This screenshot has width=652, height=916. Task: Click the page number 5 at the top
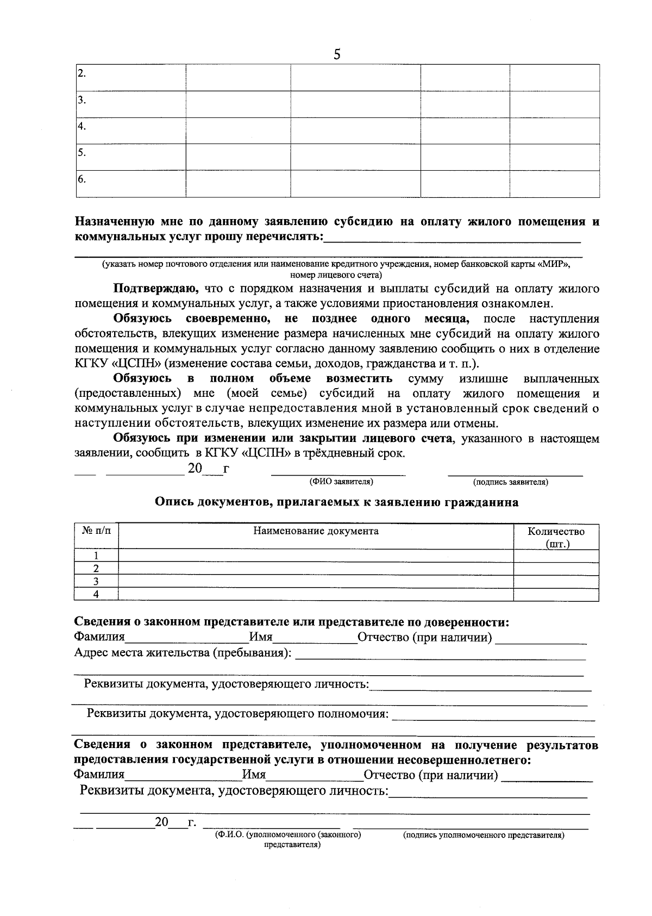point(337,54)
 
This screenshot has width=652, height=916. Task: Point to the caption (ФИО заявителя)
point(341,482)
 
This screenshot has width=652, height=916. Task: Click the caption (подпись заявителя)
point(510,482)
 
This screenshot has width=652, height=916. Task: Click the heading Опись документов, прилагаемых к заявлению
point(336,502)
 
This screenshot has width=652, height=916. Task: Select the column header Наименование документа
point(316,531)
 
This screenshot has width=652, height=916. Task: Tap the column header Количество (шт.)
point(556,537)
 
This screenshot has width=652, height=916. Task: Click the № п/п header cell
point(96,531)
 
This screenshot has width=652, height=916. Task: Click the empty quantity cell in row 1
point(556,556)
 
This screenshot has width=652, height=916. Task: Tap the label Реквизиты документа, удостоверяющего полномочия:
point(238,713)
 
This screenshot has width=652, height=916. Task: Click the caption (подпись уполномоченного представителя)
point(483,836)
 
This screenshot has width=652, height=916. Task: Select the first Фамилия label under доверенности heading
point(99,638)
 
